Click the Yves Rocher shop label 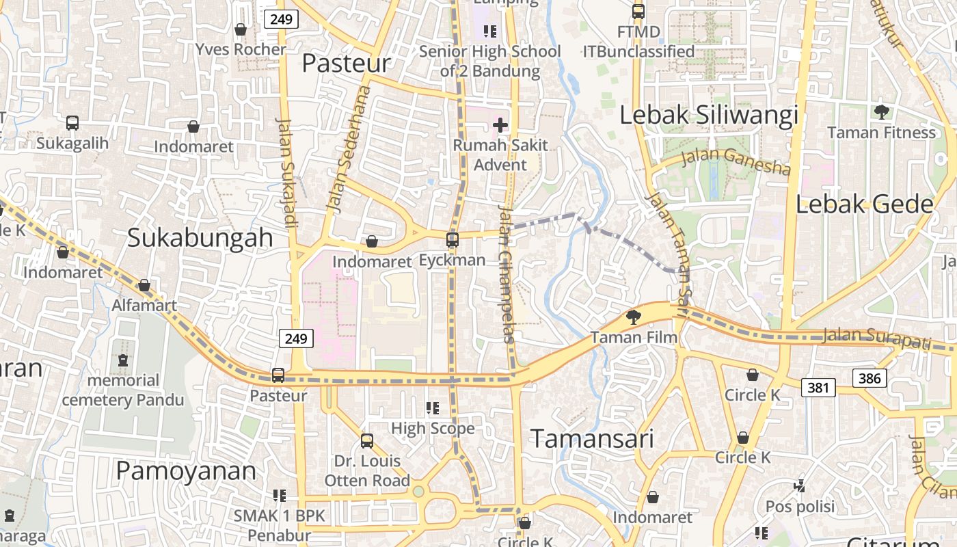(241, 49)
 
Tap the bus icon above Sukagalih (72, 123)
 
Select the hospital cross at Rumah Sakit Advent (500, 125)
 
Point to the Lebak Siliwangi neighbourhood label (709, 115)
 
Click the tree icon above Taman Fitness (882, 111)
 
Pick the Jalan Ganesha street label (736, 161)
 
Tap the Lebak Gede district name (865, 204)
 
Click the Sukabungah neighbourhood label (200, 237)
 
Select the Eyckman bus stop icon (453, 240)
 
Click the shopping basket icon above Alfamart (144, 285)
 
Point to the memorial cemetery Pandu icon (123, 360)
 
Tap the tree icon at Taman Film (634, 317)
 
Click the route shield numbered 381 (818, 388)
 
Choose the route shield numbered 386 (870, 377)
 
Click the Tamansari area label (592, 438)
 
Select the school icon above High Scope (433, 408)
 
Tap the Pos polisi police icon (799, 486)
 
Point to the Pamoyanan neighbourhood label (186, 470)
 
